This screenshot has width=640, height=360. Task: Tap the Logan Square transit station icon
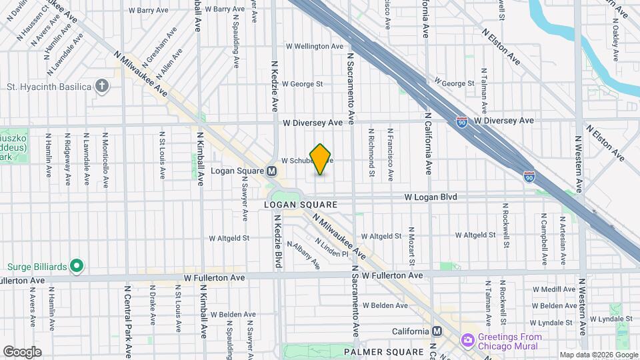tap(272, 171)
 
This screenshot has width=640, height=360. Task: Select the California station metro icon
tap(437, 331)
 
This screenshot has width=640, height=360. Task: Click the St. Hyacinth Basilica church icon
tap(102, 86)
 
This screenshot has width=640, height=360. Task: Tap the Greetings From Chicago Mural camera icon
tap(468, 341)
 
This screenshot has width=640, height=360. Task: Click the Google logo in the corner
tap(22, 352)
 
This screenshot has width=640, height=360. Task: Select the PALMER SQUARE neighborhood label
tap(383, 351)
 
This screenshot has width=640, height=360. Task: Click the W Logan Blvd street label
tap(433, 197)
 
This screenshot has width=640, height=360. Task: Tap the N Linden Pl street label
tap(332, 249)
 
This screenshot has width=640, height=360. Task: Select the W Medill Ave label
tap(554, 289)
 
